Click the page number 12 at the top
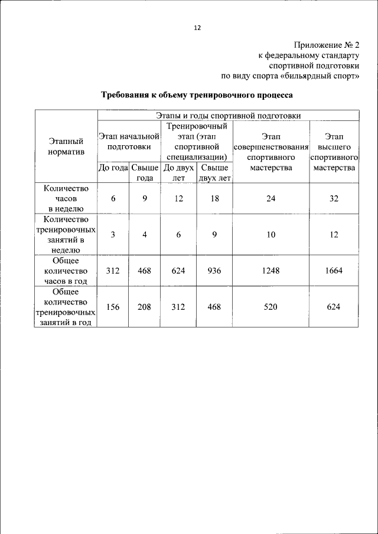click(198, 27)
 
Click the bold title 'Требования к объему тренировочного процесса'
click(197, 94)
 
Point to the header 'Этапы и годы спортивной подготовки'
click(228, 116)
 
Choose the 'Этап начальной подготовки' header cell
click(129, 141)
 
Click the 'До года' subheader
click(113, 168)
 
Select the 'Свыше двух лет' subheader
click(215, 173)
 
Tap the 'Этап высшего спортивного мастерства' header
click(334, 152)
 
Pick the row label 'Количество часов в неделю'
click(66, 198)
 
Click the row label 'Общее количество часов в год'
click(66, 271)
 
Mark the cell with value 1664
click(334, 271)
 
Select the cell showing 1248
click(271, 271)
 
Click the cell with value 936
click(215, 271)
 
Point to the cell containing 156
click(113, 307)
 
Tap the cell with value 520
click(271, 307)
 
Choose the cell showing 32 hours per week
click(334, 198)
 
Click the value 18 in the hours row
click(215, 198)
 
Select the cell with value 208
click(145, 307)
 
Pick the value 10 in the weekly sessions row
click(271, 234)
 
